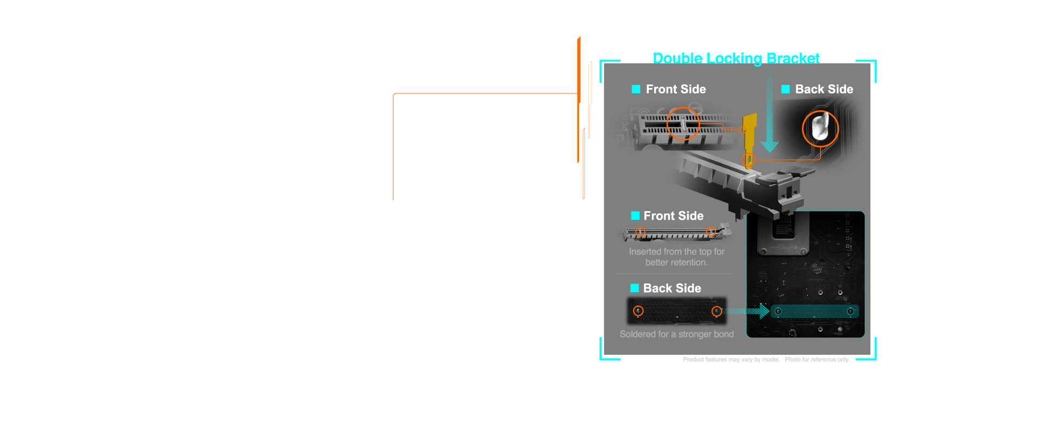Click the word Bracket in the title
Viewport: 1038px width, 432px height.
[793, 58]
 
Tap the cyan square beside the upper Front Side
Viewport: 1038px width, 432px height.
[636, 89]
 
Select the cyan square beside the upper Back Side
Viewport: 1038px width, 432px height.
[786, 89]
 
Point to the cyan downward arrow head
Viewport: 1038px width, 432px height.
[770, 146]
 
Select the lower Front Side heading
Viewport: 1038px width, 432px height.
[674, 216]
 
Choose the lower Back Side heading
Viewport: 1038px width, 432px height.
[672, 288]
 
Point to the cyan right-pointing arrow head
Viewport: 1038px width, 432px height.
[764, 311]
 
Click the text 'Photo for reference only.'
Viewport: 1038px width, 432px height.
[817, 360]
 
